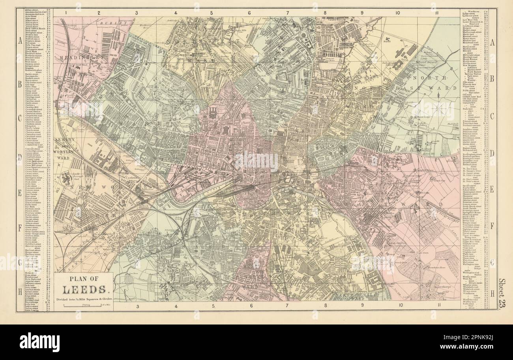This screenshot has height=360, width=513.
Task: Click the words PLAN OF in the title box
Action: pos(83,280)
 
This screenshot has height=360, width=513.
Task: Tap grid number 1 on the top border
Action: pos(62,13)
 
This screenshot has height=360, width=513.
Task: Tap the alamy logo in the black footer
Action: pos(39,342)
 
